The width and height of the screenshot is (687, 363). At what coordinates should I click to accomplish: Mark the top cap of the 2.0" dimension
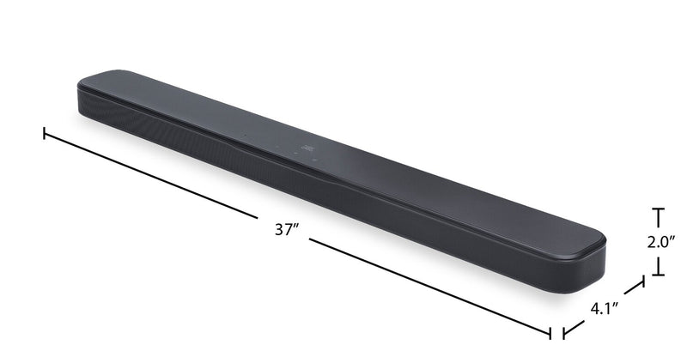[x=658, y=209]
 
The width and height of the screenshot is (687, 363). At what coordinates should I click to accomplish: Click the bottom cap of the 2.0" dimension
[x=658, y=275]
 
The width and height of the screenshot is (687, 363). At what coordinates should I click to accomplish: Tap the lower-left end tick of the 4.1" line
[x=563, y=333]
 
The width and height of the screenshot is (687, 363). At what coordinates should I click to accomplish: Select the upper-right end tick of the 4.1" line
[x=641, y=282]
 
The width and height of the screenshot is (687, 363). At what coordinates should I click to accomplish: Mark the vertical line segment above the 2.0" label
[x=658, y=220]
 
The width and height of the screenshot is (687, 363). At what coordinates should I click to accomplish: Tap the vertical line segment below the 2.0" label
[x=658, y=263]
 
